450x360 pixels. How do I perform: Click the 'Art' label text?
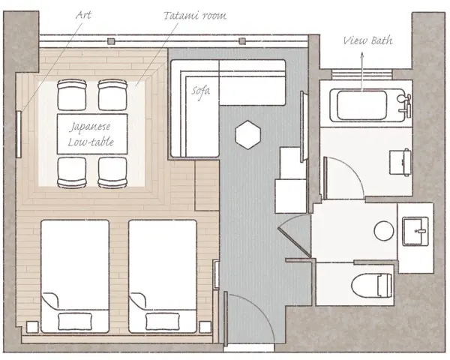83,15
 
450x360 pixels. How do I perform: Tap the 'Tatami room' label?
195,16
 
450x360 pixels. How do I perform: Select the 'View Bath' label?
368,40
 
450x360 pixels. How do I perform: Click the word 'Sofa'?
201,91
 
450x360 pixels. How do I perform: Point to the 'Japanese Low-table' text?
91,134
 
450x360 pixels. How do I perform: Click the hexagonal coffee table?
248,135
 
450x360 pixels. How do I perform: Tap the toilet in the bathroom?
371,285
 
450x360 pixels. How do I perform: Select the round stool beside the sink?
384,231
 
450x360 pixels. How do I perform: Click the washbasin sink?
415,232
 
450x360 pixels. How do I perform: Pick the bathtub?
367,105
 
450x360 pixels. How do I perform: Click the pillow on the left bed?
75,322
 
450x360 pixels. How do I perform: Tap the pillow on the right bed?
163,322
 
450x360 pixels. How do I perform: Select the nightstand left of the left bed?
32,327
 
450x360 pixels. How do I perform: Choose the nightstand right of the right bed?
205,327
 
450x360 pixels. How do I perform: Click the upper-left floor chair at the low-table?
72,94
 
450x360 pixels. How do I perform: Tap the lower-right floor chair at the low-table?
112,172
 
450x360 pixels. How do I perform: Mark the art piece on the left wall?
19,134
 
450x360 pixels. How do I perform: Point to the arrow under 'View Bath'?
362,71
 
